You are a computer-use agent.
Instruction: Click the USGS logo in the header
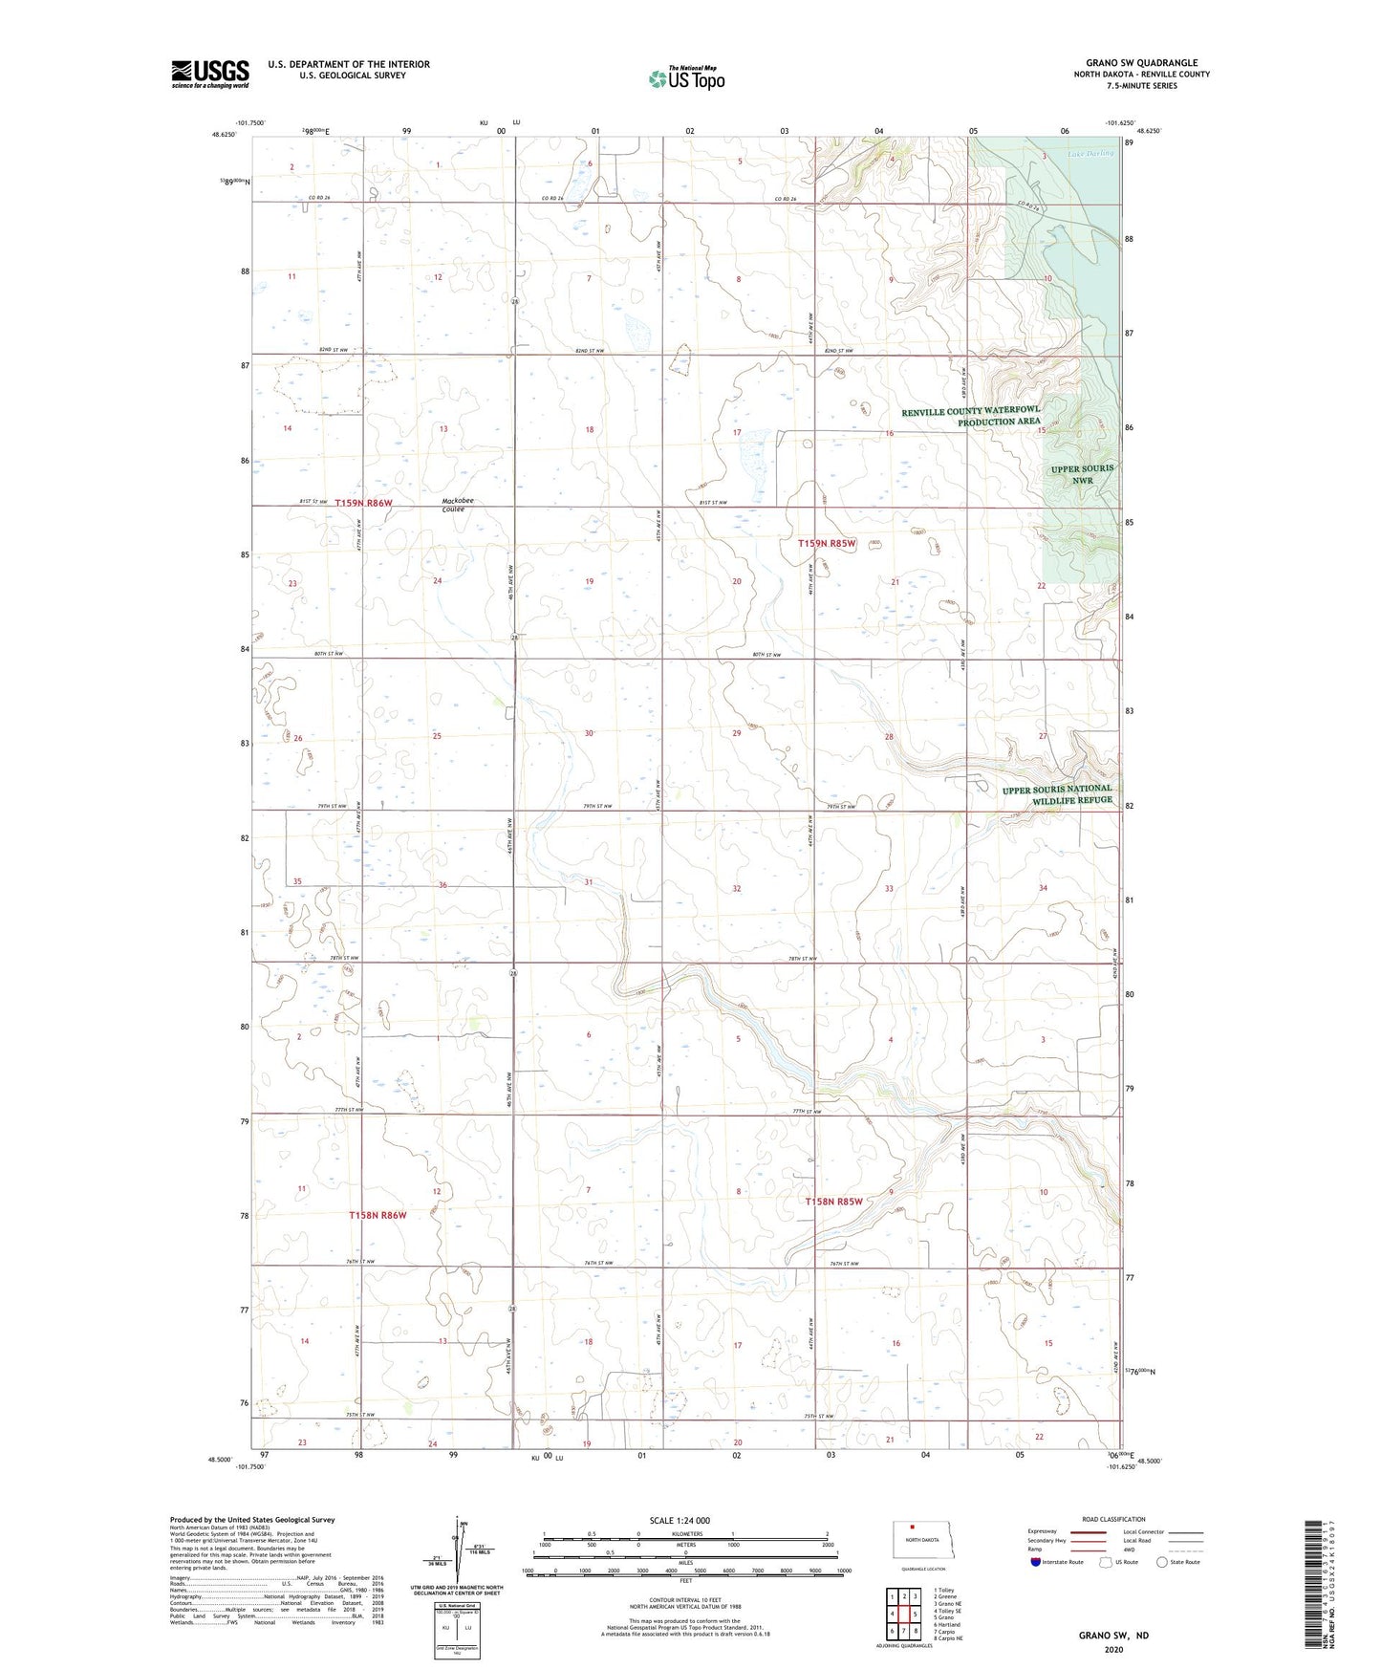[x=209, y=74]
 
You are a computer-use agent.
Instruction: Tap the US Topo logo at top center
[x=686, y=78]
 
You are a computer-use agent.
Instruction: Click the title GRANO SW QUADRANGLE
[x=1141, y=63]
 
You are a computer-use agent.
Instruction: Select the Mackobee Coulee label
[x=457, y=505]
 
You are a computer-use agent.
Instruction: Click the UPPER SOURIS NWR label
[x=1082, y=474]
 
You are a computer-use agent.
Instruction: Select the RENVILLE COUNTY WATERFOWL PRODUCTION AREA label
[x=971, y=416]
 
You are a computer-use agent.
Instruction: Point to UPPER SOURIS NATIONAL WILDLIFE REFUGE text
[x=1057, y=794]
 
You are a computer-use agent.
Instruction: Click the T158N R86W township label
[x=378, y=1216]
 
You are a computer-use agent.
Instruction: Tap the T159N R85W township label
[x=828, y=543]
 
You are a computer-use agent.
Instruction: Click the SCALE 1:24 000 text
[x=680, y=1520]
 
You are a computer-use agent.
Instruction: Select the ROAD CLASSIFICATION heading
[x=1113, y=1519]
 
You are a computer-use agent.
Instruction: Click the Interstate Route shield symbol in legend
[x=1036, y=1562]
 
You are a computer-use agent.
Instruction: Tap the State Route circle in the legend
[x=1162, y=1562]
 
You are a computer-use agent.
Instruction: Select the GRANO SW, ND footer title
[x=1113, y=1636]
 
